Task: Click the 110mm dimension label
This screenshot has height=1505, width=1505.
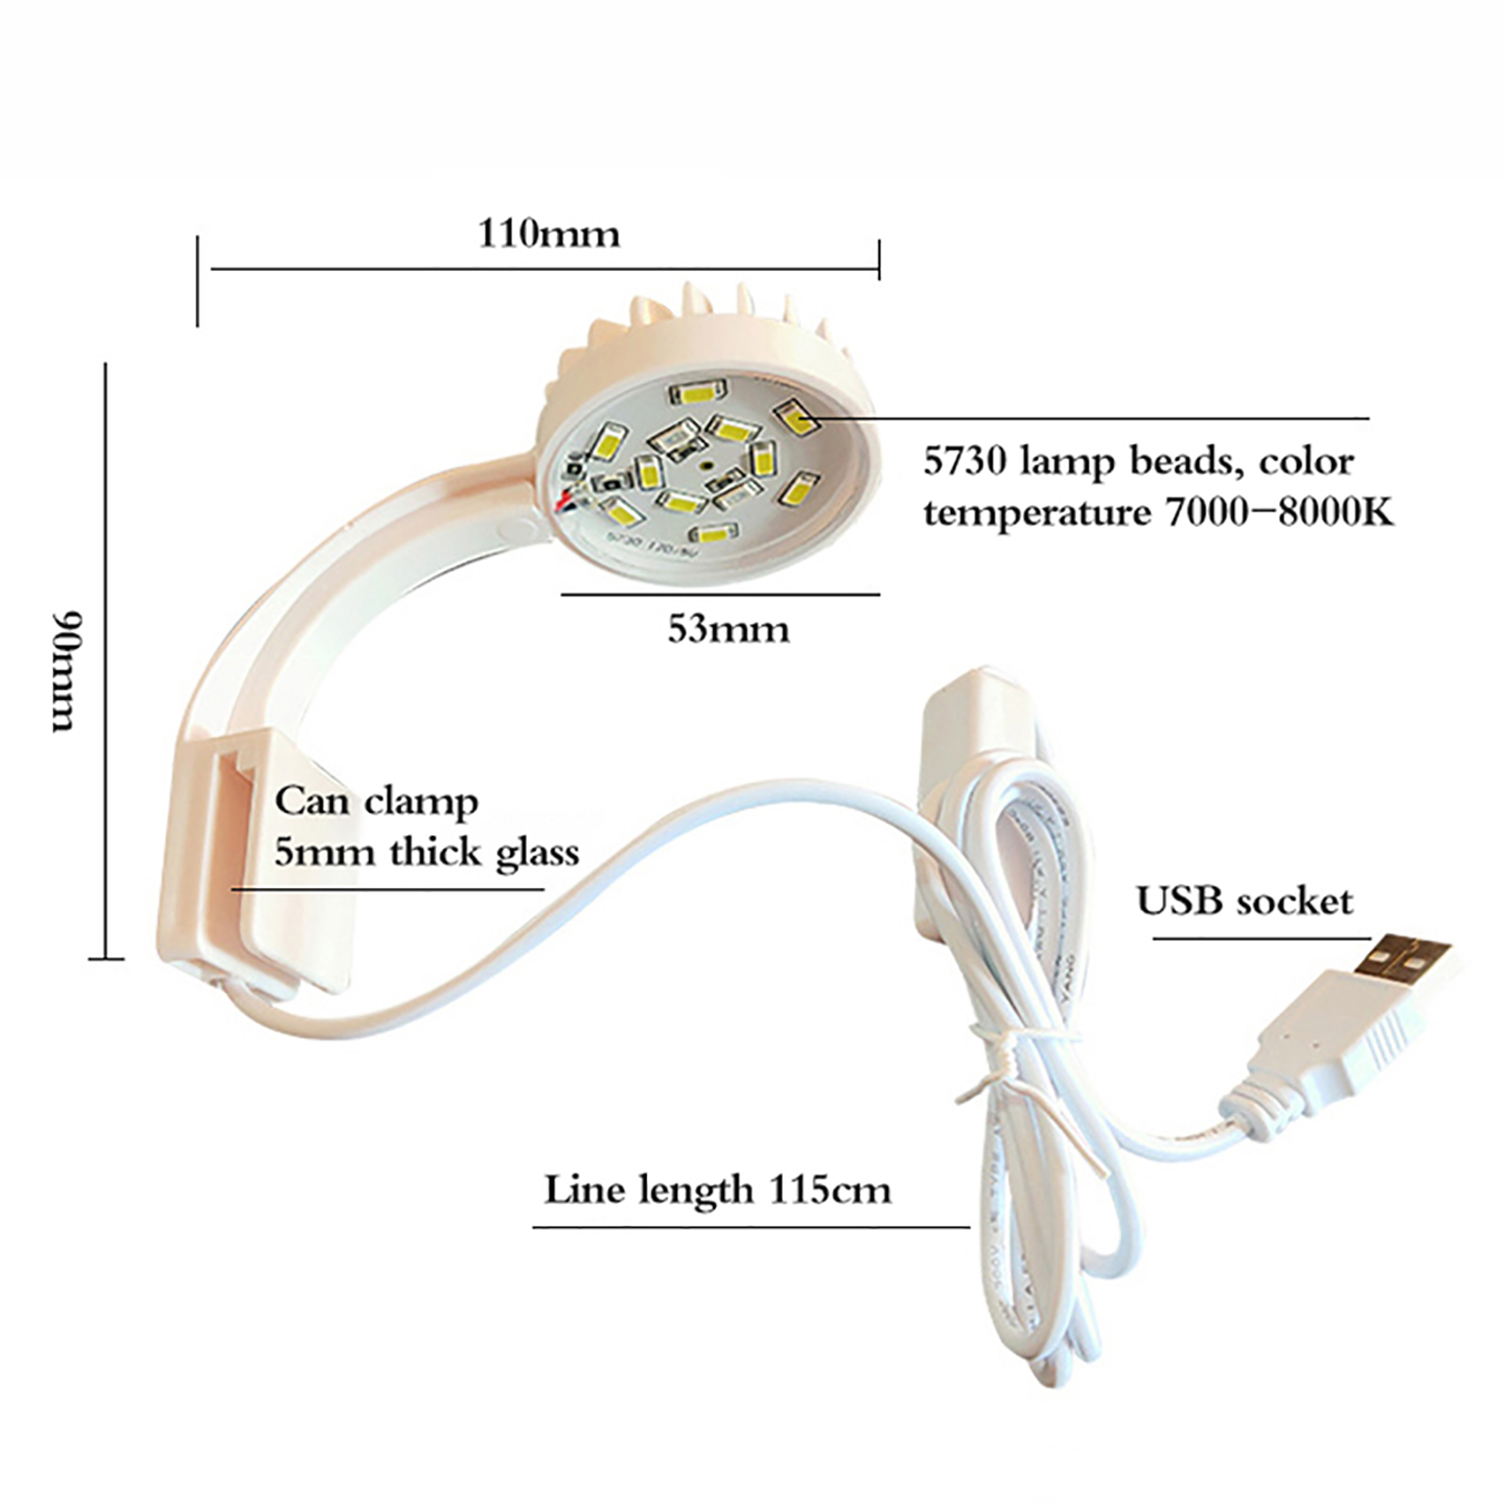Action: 549,233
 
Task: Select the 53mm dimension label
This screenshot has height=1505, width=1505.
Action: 728,629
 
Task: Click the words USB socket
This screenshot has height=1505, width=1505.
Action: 1244,901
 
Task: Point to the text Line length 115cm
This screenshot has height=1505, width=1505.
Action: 717,1190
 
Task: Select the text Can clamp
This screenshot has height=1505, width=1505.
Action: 376,801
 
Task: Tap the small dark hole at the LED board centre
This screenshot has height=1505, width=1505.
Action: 705,465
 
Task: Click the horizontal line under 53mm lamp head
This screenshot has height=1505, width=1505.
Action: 720,594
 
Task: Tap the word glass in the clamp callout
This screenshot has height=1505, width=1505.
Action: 537,852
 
